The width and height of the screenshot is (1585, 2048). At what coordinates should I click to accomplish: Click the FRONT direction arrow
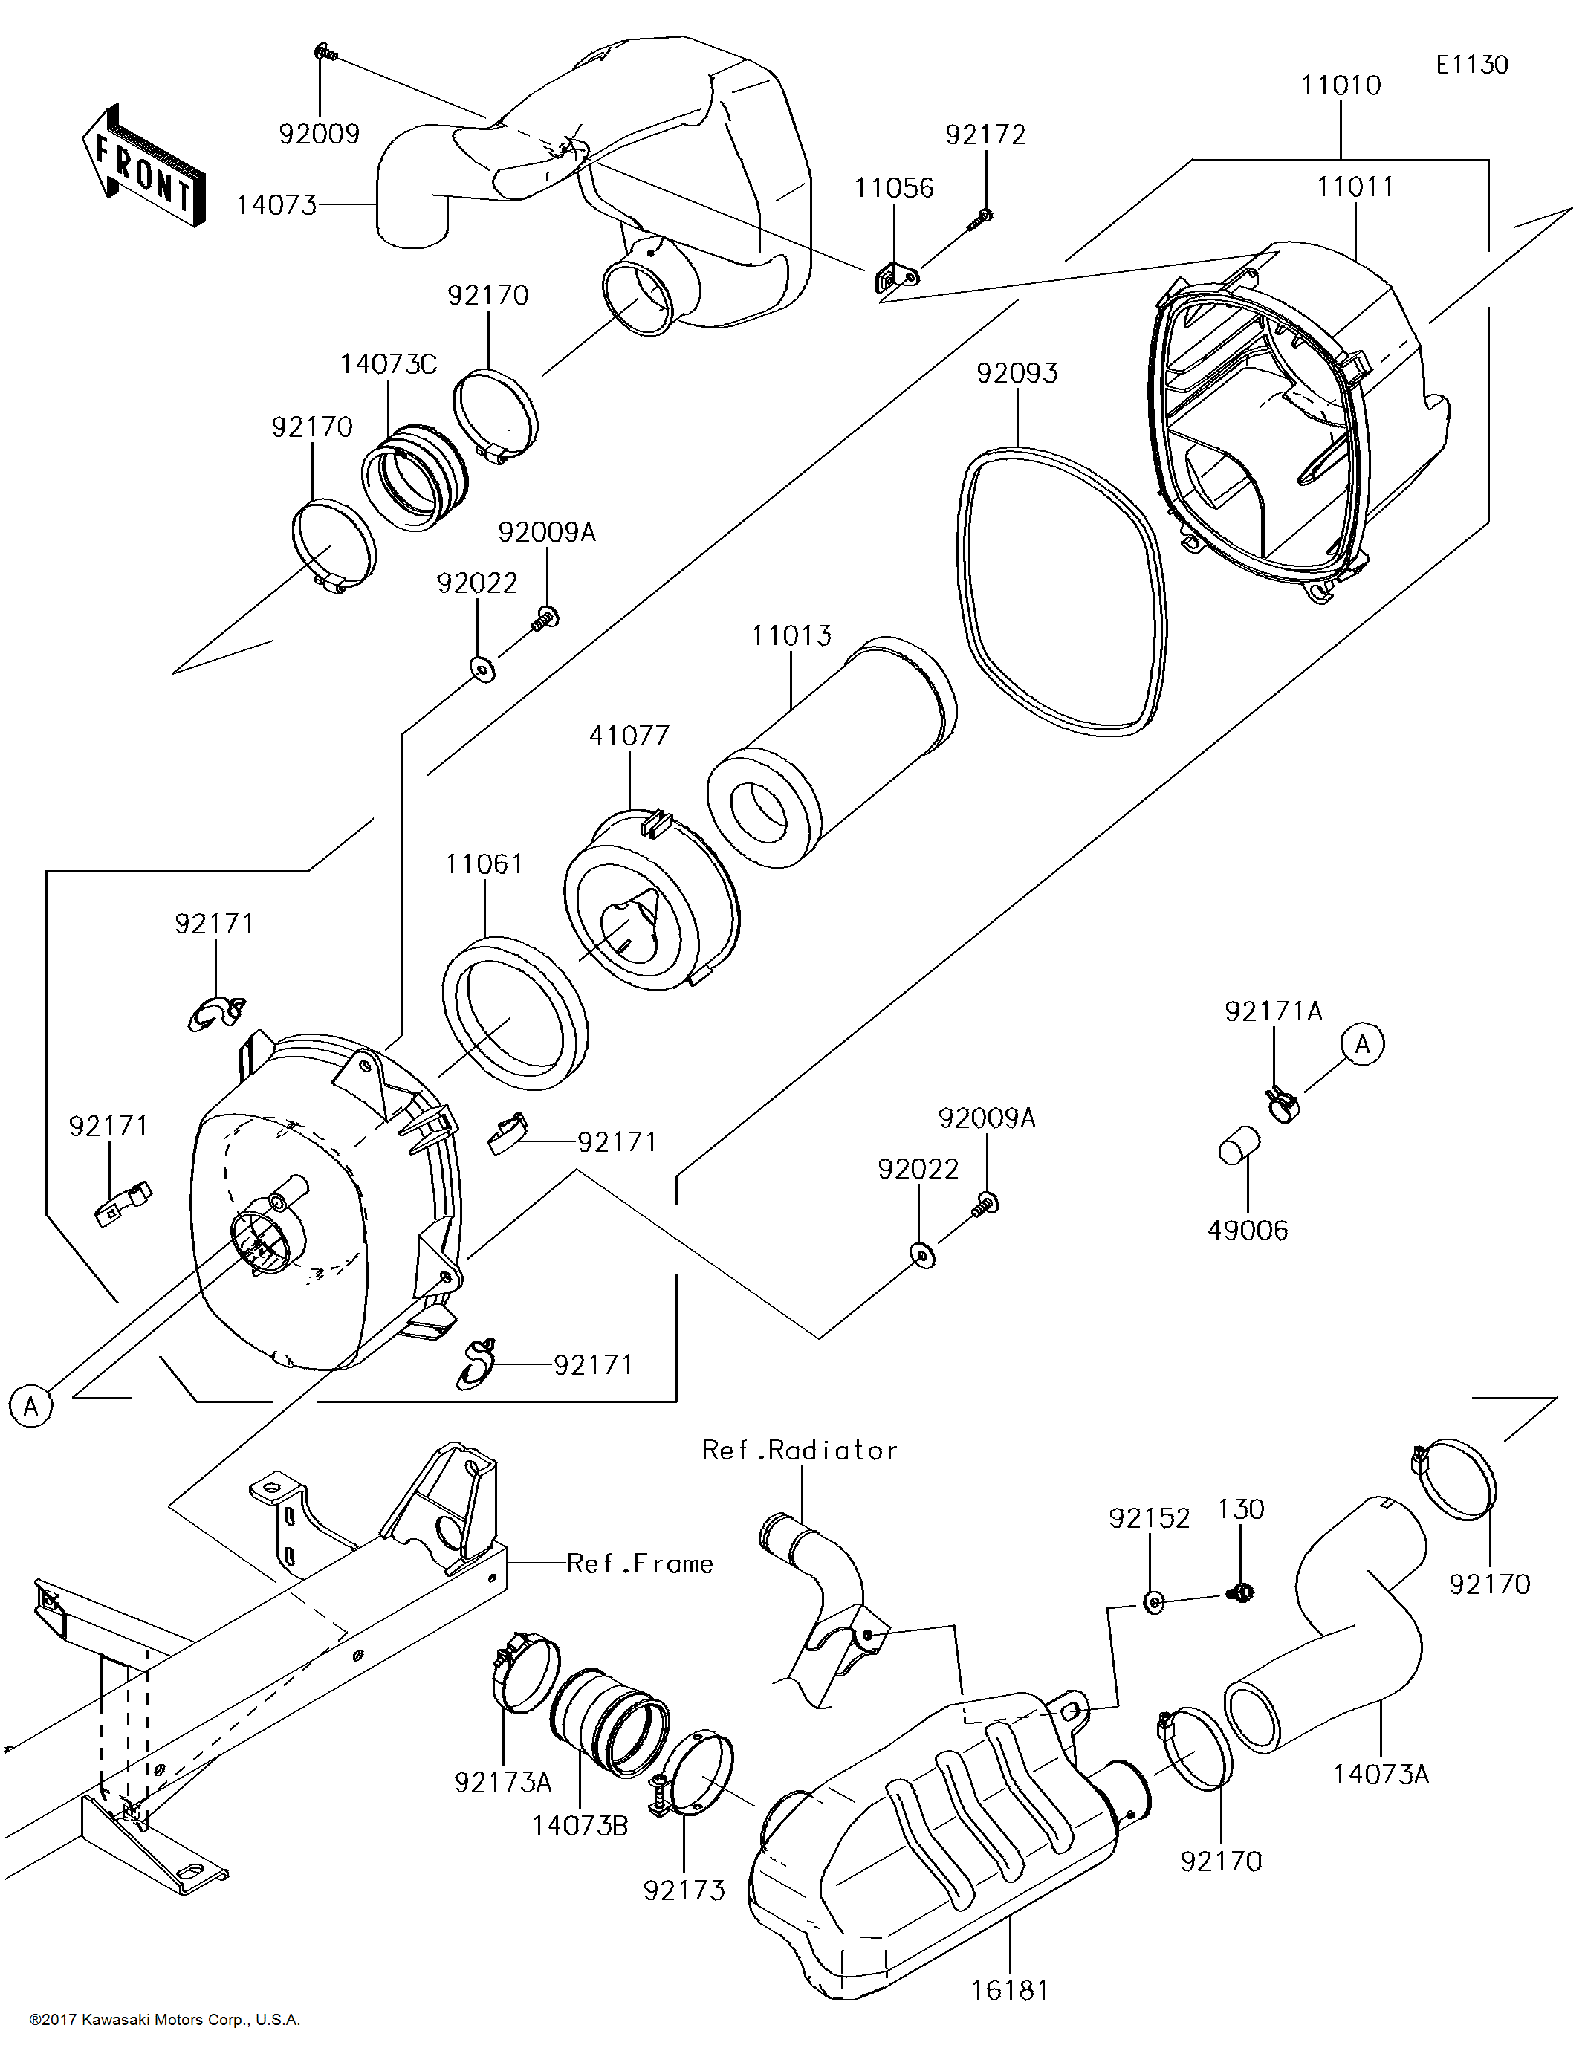(x=143, y=166)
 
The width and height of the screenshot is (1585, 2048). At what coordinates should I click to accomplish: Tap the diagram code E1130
(x=1471, y=65)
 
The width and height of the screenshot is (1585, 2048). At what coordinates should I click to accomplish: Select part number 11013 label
(x=791, y=636)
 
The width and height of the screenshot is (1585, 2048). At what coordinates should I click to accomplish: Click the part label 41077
(x=629, y=735)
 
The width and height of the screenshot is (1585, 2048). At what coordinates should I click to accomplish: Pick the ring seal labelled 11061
(x=515, y=1013)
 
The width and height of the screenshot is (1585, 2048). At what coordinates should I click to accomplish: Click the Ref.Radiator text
(x=799, y=1451)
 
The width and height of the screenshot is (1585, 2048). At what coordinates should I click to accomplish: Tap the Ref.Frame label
(x=640, y=1564)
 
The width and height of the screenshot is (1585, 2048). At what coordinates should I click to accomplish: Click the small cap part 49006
(x=1239, y=1145)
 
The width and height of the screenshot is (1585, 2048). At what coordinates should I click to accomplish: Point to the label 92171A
(x=1273, y=1011)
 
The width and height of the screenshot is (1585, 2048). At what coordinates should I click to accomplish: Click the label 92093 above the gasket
(x=1017, y=373)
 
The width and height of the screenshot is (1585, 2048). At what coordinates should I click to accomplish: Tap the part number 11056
(x=893, y=187)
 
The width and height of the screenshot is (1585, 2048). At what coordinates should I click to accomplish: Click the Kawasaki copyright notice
(x=164, y=2020)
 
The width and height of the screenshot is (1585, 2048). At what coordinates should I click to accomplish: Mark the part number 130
(x=1240, y=1510)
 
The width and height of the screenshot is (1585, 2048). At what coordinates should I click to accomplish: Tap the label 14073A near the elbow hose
(x=1381, y=1775)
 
